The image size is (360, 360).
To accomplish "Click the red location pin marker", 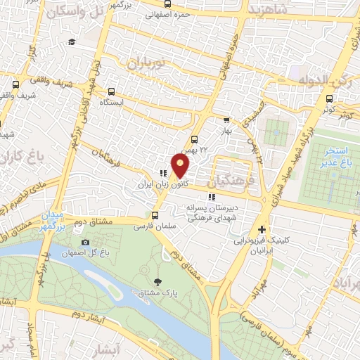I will pyautogui.click(x=181, y=166).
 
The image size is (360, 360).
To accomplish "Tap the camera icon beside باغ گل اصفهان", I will pyautogui.click(x=85, y=243).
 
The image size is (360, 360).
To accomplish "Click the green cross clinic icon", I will pyautogui.click(x=262, y=229).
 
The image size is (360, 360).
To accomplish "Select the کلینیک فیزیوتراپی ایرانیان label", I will pyautogui.click(x=262, y=245).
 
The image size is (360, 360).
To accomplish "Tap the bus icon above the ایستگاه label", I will pyautogui.click(x=111, y=91).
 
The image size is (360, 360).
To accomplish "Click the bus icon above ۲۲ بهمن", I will pyautogui.click(x=195, y=139).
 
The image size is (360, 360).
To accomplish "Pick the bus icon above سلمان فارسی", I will pyautogui.click(x=155, y=214).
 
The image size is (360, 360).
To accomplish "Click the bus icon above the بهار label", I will pyautogui.click(x=226, y=120).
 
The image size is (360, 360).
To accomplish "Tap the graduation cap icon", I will pyautogui.click(x=72, y=42).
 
